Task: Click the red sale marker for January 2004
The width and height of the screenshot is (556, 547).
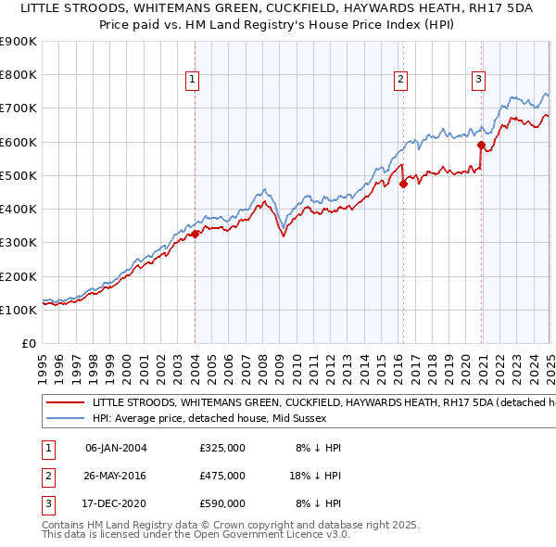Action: pyautogui.click(x=195, y=235)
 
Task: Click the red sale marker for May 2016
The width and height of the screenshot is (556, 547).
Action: pyautogui.click(x=403, y=184)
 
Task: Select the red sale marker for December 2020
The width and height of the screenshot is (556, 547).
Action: pyautogui.click(x=481, y=145)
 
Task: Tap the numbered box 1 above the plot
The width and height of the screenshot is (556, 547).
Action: pyautogui.click(x=192, y=80)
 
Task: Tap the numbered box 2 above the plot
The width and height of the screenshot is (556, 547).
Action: pyautogui.click(x=400, y=80)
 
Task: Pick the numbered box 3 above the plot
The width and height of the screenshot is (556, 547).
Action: pyautogui.click(x=478, y=80)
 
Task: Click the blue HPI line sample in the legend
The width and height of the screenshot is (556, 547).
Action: pyautogui.click(x=65, y=418)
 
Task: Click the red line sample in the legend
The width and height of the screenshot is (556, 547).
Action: pyautogui.click(x=65, y=402)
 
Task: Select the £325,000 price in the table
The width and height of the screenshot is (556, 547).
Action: pyautogui.click(x=222, y=448)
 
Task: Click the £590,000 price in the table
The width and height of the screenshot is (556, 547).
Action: pyautogui.click(x=222, y=503)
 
